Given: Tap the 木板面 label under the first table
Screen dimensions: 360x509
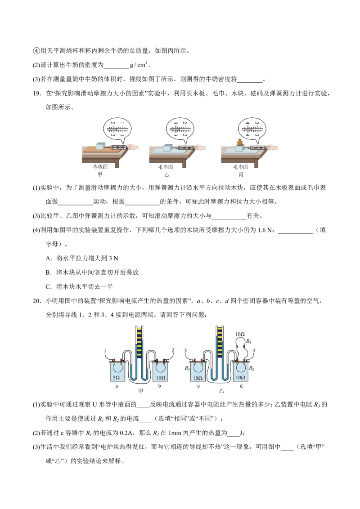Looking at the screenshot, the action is point(100,166).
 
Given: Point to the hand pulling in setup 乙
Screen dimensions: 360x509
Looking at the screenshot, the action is point(201,147).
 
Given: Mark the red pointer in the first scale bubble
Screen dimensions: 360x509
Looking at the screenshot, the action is point(116,129).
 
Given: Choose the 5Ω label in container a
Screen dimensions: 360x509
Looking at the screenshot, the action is point(116,378).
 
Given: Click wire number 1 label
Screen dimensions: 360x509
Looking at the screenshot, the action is point(105,351).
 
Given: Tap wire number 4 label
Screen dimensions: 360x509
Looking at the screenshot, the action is point(254,351).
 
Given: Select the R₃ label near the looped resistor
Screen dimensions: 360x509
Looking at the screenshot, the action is point(248,341).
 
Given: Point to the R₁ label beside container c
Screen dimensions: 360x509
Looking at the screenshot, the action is point(187,368).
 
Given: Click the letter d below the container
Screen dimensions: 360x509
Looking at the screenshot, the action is point(241,386).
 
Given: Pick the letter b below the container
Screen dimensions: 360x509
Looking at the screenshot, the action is point(160,386).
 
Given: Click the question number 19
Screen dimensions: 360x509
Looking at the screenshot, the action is point(37,94).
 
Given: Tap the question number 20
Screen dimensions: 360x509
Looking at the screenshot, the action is point(37,301).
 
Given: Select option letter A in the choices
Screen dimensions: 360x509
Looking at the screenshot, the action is point(49,259).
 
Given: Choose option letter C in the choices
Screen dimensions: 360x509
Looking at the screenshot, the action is point(49,286).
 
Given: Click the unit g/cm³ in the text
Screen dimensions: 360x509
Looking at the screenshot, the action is point(139,65).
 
